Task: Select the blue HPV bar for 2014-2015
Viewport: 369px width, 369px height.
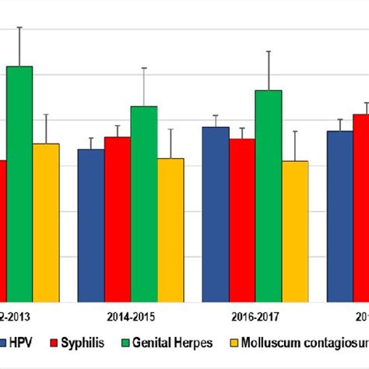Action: coord(91,225)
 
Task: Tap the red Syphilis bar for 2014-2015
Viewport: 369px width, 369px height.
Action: coord(118,219)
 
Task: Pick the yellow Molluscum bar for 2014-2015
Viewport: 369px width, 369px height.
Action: coord(170,230)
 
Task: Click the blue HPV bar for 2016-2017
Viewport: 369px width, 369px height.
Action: coord(216,214)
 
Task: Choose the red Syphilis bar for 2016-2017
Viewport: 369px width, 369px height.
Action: coord(242,220)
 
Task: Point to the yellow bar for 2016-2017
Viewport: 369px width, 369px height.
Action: coord(295,231)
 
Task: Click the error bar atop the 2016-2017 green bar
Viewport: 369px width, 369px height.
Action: coord(269,70)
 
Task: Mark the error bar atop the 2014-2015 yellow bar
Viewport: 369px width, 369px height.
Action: coord(170,143)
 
